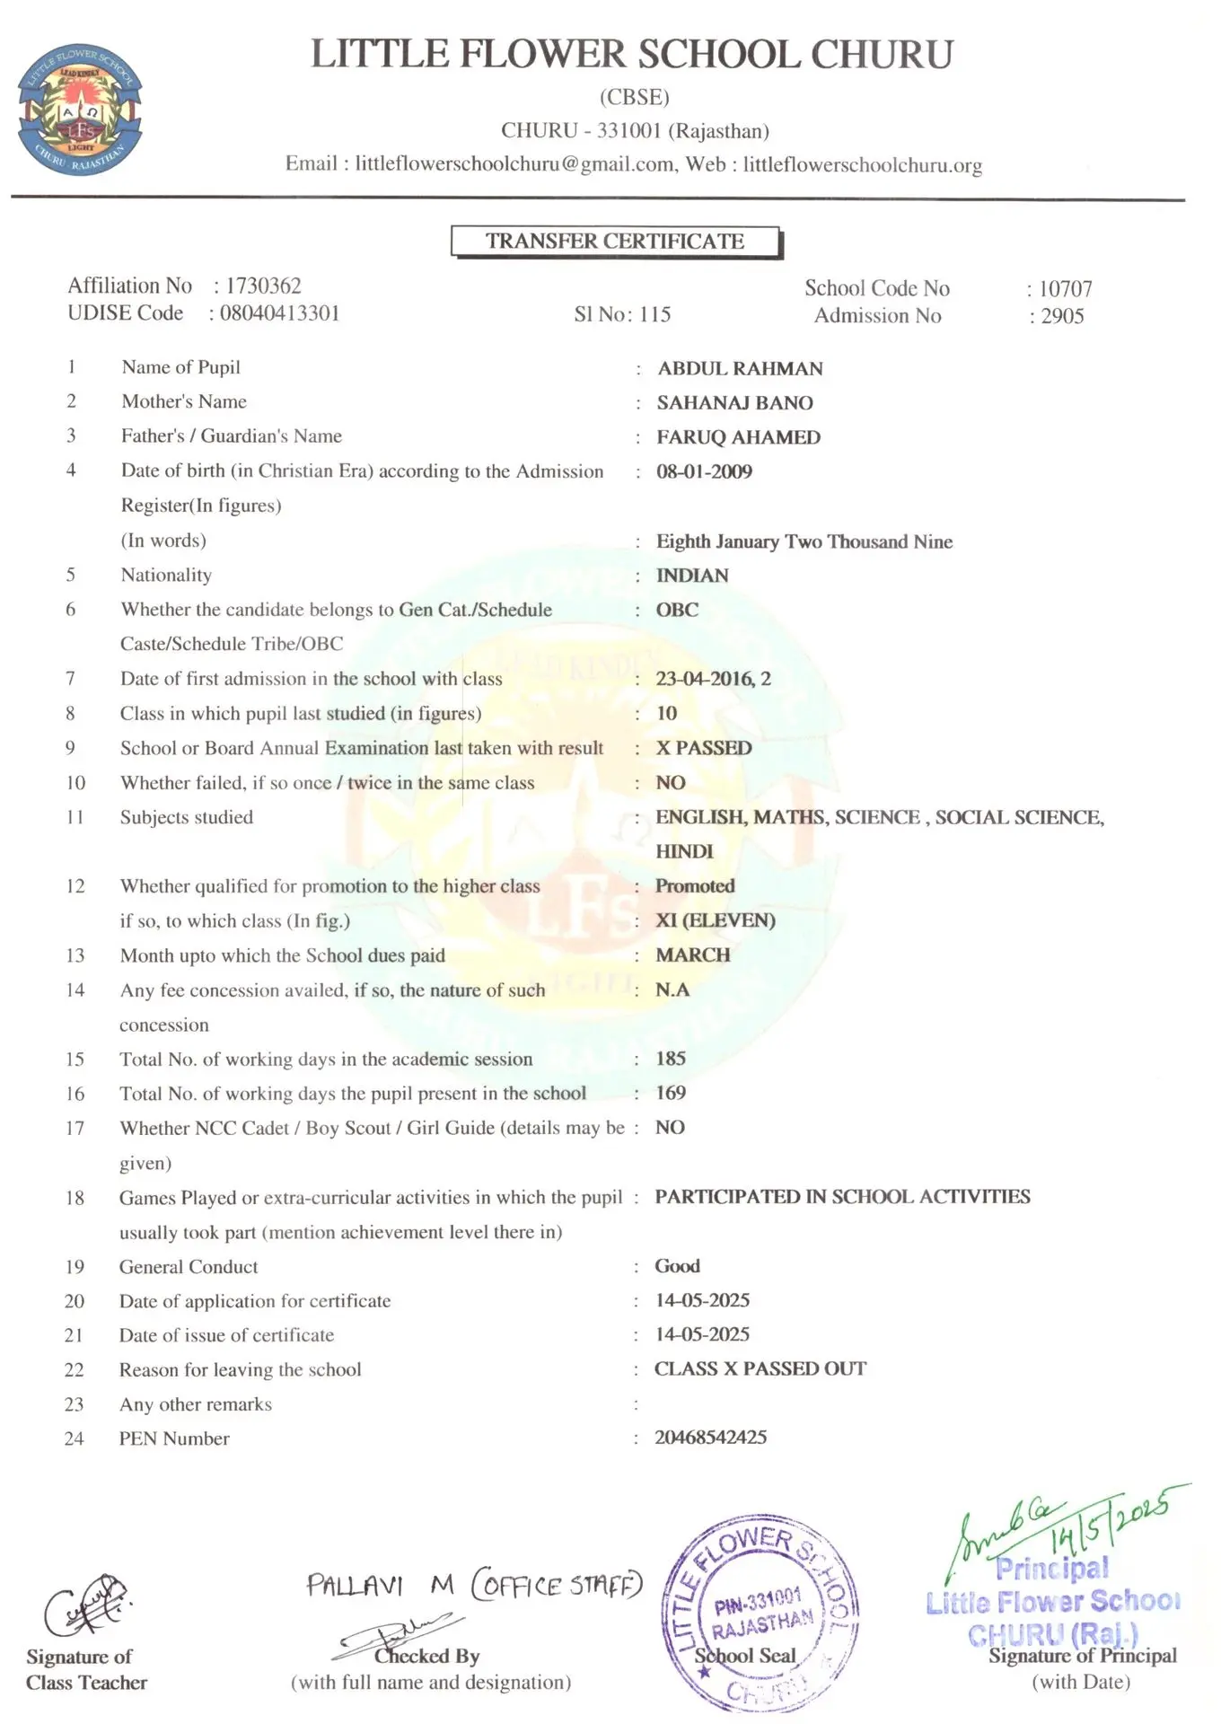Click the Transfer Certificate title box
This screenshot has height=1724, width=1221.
(x=616, y=242)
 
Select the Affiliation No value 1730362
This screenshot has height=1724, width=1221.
(x=263, y=286)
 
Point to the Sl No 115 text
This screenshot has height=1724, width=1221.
(x=622, y=314)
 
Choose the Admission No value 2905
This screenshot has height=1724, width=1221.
(x=1062, y=316)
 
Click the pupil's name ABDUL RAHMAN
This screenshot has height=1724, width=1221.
(x=740, y=368)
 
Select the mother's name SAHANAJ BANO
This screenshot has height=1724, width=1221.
(x=734, y=403)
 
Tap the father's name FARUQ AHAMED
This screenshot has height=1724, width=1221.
(x=738, y=437)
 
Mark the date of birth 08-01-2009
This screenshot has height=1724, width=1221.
(x=704, y=471)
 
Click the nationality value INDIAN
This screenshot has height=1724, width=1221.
(x=692, y=576)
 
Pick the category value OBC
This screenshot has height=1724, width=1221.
(x=677, y=610)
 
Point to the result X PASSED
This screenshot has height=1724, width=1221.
(x=704, y=748)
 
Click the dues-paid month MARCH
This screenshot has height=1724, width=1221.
(x=692, y=955)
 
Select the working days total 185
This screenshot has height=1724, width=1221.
(x=671, y=1059)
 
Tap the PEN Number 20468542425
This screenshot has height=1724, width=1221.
(x=710, y=1438)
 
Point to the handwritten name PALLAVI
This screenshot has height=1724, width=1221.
(x=355, y=1585)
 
